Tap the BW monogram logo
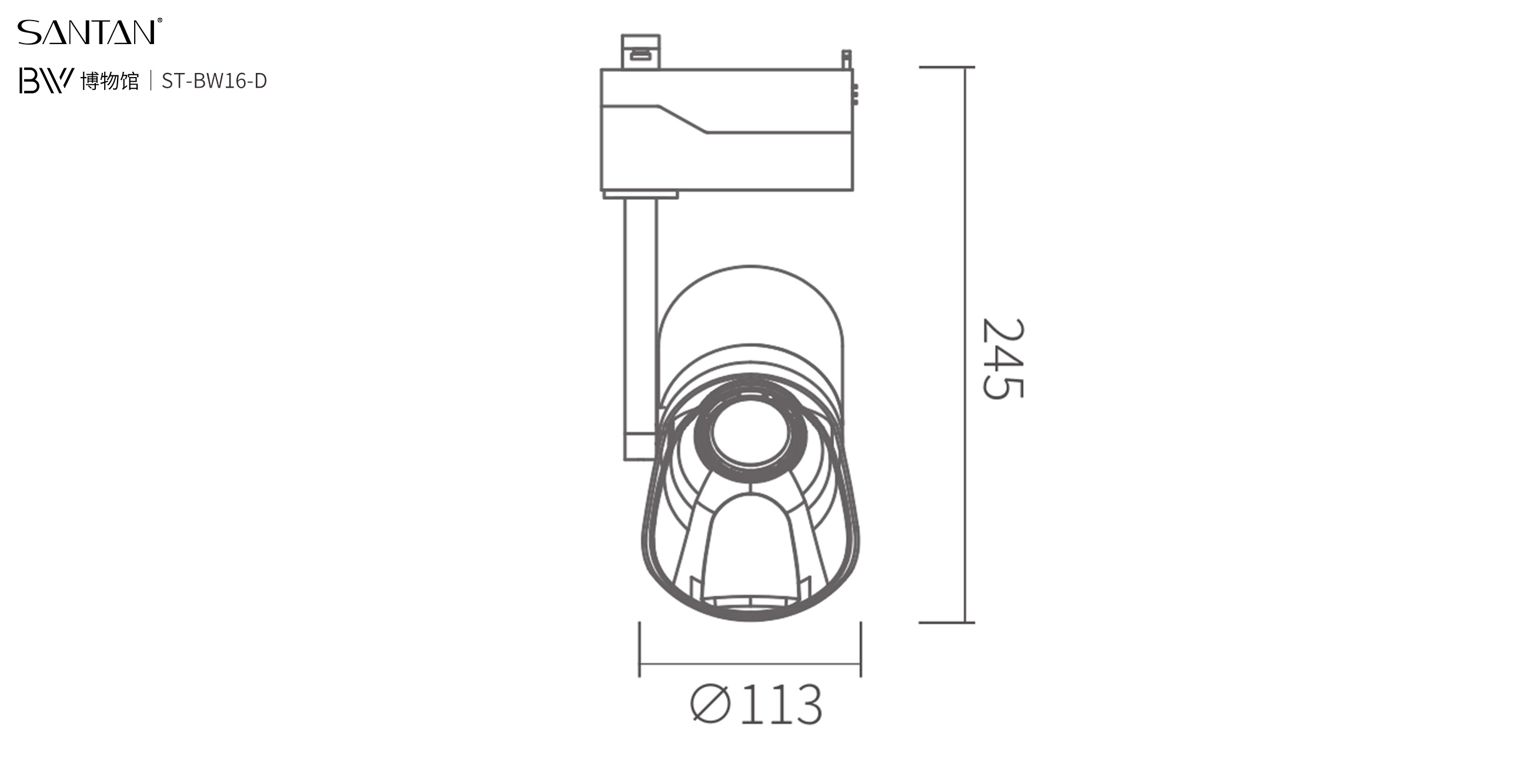[x=46, y=80]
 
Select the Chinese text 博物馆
[x=110, y=81]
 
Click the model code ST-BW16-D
[x=214, y=81]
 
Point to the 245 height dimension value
[x=1003, y=358]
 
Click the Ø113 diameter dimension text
[x=756, y=704]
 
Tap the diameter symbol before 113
[x=710, y=704]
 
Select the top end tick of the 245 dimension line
[x=947, y=67]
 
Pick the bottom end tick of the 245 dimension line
[x=947, y=623]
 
